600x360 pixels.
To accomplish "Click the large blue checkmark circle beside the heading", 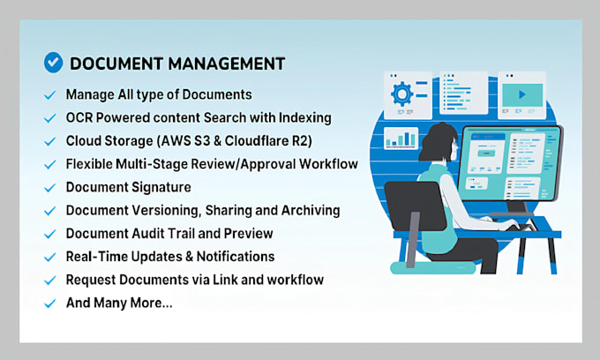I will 54,63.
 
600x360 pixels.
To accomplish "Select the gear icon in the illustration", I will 401,94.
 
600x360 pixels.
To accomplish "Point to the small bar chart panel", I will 402,139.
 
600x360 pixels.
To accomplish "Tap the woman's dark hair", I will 434,140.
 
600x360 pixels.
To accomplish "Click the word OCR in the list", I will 80,117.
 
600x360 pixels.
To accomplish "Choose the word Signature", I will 160,187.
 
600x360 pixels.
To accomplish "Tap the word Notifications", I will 232,256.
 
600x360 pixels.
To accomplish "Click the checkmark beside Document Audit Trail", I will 49,234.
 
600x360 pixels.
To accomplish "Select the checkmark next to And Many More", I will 49,303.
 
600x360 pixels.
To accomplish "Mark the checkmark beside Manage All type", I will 49,94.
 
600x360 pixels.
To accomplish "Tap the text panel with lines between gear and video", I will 462,93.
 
